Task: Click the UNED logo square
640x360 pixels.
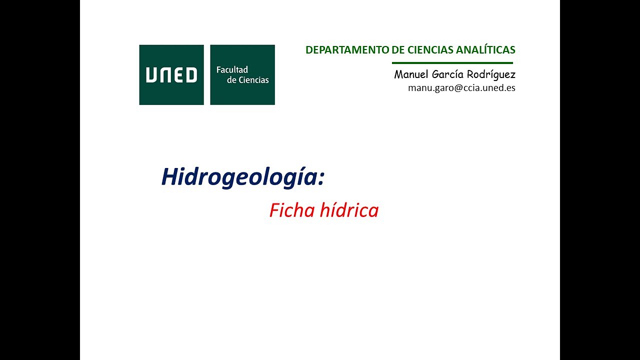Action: coord(171,75)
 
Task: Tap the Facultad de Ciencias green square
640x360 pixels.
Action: coord(242,75)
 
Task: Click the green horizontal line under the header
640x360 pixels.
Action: coord(452,63)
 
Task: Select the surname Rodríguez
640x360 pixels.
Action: coord(492,75)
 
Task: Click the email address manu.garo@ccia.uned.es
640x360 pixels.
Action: coord(461,87)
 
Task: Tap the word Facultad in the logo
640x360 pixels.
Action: coord(232,70)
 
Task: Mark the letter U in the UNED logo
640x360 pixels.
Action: coord(151,75)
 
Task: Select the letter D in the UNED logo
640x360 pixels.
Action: coord(191,75)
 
